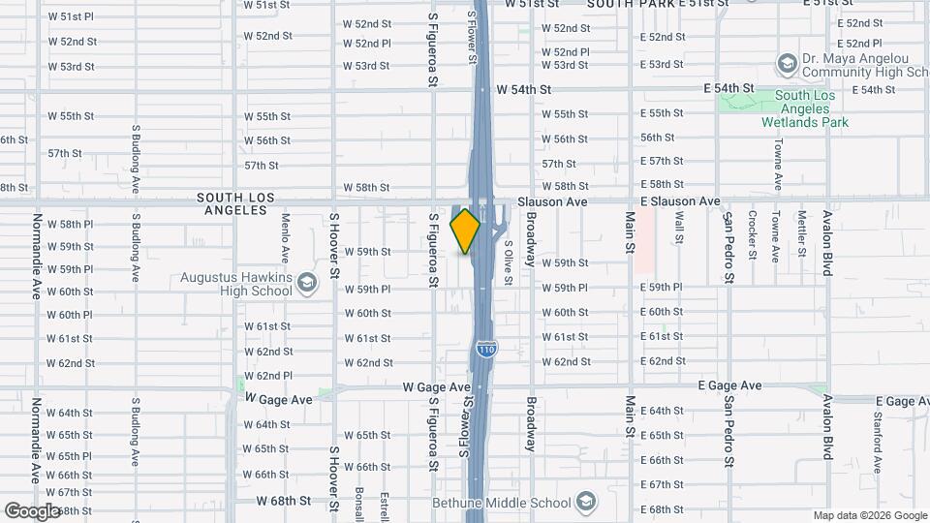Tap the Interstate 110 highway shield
tap(485, 348)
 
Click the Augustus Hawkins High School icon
tap(308, 283)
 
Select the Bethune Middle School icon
tap(585, 502)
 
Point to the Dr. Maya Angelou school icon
tap(787, 65)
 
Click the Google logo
tap(33, 510)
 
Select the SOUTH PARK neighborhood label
tap(630, 4)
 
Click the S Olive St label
tap(508, 250)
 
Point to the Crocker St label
tap(752, 234)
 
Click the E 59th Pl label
tap(662, 288)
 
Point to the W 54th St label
tap(523, 89)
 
